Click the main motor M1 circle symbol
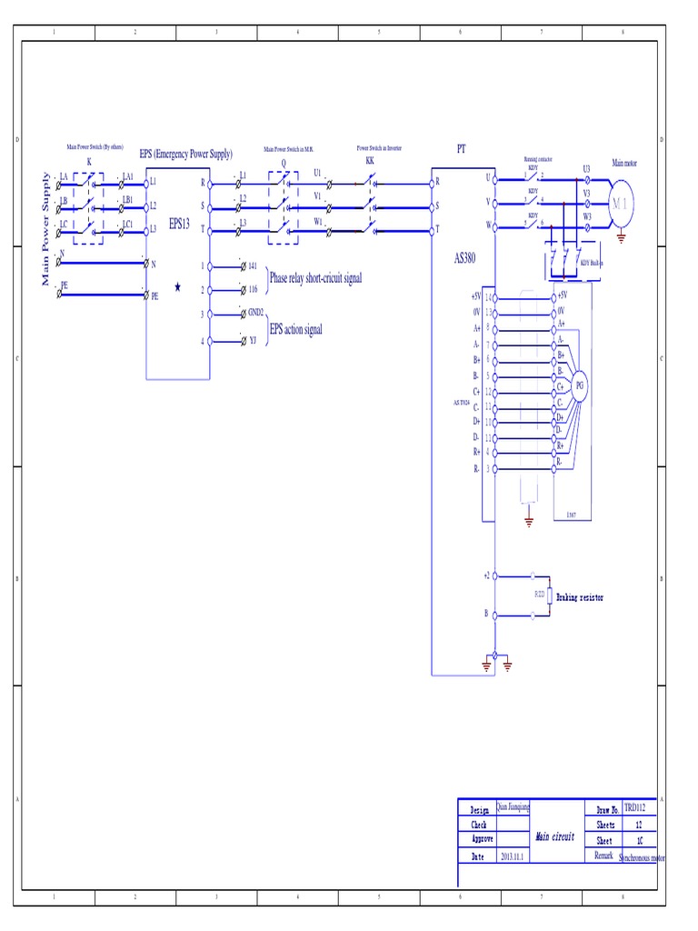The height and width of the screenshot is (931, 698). click(x=623, y=203)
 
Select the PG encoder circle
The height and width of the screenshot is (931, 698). click(x=580, y=385)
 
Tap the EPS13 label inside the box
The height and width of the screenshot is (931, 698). click(x=179, y=224)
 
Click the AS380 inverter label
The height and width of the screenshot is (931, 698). click(x=465, y=258)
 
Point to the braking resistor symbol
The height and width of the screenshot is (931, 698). click(x=548, y=595)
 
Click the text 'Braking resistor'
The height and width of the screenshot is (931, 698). click(x=580, y=597)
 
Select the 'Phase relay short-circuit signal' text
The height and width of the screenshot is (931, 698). click(x=315, y=277)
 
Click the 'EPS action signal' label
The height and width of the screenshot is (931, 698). click(x=295, y=329)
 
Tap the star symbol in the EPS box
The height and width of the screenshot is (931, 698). click(x=177, y=287)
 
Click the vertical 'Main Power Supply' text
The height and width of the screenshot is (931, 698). click(x=46, y=228)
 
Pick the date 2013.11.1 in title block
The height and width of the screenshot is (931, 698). click(x=512, y=856)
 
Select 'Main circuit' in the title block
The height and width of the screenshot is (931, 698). click(x=554, y=836)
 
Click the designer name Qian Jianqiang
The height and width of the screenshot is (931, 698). click(x=513, y=806)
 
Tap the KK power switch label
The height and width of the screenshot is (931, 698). click(x=370, y=160)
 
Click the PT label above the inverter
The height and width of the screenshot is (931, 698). click(x=461, y=148)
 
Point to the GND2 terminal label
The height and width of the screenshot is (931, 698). click(x=255, y=312)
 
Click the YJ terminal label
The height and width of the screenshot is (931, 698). click(x=253, y=342)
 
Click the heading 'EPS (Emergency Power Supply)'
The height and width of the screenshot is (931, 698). click(x=185, y=154)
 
